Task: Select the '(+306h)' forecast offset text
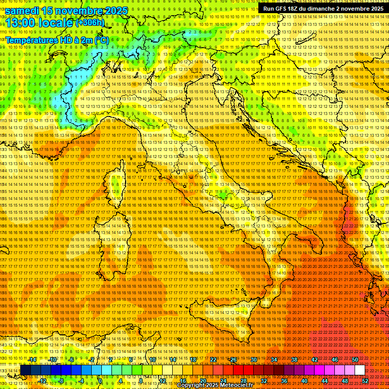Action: coord(90,22)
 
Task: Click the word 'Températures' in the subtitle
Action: coord(31,40)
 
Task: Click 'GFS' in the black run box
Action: coord(282,9)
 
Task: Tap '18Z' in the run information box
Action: coord(296,9)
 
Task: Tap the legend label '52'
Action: coord(365,381)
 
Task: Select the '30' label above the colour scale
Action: coord(254,360)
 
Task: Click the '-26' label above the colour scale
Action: coord(232,360)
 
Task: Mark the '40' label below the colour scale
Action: coord(304,381)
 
